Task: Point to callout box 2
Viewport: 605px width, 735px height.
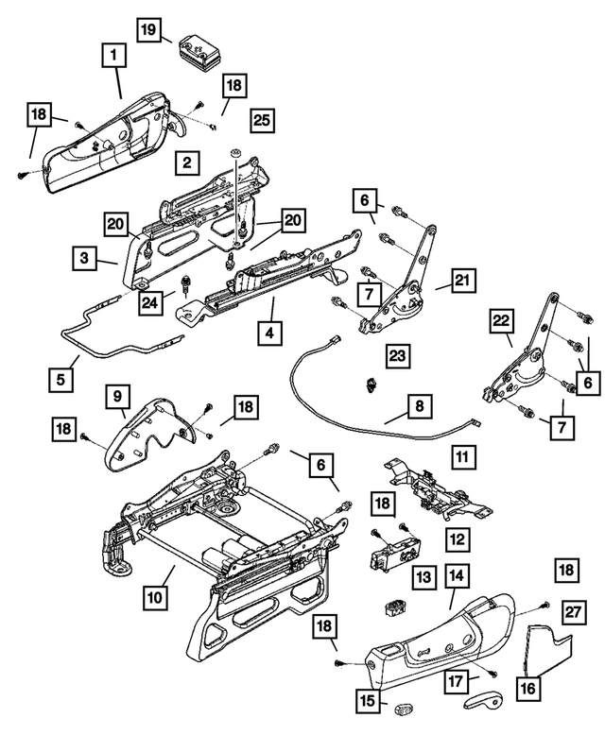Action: [187, 163]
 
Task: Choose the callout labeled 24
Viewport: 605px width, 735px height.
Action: [147, 301]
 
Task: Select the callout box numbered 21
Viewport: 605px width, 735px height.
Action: [462, 281]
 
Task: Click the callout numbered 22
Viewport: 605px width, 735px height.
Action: [501, 321]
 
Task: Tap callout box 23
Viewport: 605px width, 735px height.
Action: [398, 355]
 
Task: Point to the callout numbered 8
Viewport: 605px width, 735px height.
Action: [418, 407]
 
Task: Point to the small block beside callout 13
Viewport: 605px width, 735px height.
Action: [391, 605]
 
